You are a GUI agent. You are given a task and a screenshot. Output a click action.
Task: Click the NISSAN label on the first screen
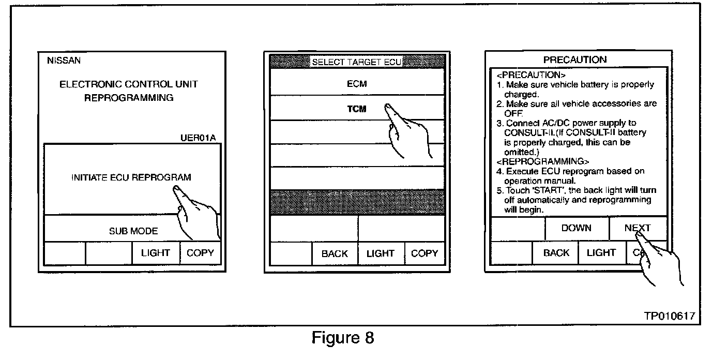click(64, 61)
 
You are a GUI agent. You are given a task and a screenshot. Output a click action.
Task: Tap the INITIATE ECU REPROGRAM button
click(131, 177)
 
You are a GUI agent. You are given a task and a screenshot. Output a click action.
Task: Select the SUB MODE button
click(133, 231)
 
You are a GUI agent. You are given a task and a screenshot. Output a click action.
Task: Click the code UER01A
click(199, 138)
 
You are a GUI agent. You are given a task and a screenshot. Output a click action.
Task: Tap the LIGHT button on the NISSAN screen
click(155, 253)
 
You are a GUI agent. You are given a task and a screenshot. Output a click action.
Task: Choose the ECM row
click(357, 83)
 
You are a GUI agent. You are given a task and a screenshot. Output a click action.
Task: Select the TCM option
click(357, 109)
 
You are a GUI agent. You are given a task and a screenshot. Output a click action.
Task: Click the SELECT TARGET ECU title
click(356, 63)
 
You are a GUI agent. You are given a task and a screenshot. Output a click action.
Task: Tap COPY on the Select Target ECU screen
click(424, 253)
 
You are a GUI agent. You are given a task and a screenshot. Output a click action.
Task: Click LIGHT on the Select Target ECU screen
click(380, 253)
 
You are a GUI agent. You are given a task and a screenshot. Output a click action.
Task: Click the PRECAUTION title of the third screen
click(575, 59)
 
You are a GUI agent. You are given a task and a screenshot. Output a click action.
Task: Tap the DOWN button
click(576, 228)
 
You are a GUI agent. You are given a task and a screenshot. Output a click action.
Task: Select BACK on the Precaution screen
click(556, 252)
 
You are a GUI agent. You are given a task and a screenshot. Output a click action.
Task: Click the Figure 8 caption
click(342, 338)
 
